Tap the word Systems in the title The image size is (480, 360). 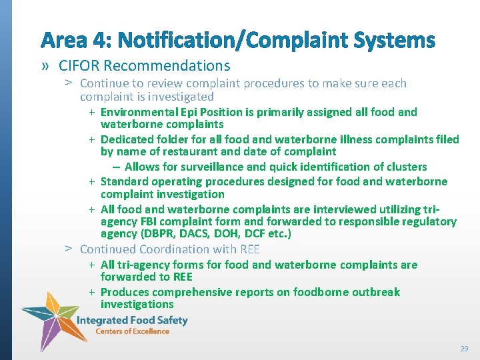pyautogui.click(x=395, y=41)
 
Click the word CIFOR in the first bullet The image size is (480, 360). pyautogui.click(x=79, y=66)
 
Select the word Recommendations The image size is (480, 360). pyautogui.click(x=167, y=66)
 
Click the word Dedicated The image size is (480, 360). pyautogui.click(x=125, y=139)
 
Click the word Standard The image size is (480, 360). pyautogui.click(x=123, y=181)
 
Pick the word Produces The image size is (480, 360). pyautogui.click(x=125, y=292)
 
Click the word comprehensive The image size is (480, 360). pyautogui.click(x=193, y=292)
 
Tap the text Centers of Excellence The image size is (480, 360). pyautogui.click(x=132, y=331)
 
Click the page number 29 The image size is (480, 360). pyautogui.click(x=464, y=349)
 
